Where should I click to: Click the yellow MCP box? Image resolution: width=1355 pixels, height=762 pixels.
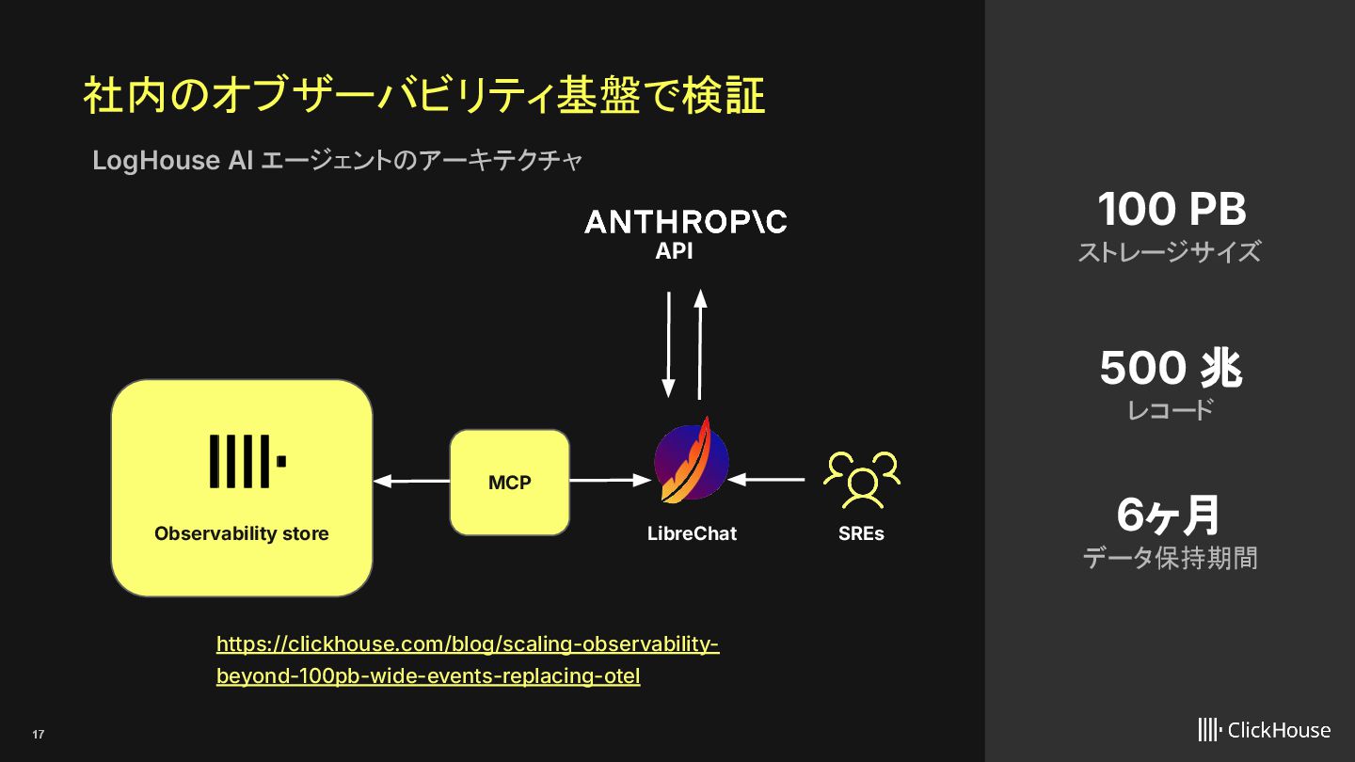click(x=509, y=483)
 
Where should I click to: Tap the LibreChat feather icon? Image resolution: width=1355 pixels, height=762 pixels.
click(x=692, y=462)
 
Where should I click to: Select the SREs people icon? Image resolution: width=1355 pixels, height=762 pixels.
click(x=861, y=479)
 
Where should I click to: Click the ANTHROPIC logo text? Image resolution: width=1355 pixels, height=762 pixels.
click(x=685, y=222)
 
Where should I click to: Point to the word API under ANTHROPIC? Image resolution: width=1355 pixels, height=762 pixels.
click(x=674, y=251)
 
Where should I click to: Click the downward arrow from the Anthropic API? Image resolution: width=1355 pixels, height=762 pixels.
click(x=668, y=344)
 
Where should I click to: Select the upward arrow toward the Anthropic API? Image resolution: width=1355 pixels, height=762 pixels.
click(x=700, y=344)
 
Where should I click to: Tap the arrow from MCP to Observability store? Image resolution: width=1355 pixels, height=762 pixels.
click(x=411, y=481)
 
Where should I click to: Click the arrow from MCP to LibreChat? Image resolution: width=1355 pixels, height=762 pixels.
click(x=611, y=481)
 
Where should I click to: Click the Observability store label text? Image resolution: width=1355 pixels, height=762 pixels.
click(x=242, y=533)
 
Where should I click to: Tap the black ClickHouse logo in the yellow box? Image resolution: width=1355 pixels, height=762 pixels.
click(x=247, y=461)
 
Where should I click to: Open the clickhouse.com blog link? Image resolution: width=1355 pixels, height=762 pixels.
click(x=467, y=659)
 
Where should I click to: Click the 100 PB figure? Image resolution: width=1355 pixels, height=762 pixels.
click(x=1171, y=209)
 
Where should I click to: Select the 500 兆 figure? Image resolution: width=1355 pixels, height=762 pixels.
click(x=1171, y=368)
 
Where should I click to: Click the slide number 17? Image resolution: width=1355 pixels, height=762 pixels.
click(x=39, y=734)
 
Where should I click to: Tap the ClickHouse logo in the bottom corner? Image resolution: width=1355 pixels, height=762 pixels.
click(x=1264, y=729)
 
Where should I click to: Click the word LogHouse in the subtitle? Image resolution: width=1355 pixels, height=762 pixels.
click(x=155, y=161)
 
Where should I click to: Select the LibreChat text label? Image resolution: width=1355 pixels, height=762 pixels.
click(x=692, y=533)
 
